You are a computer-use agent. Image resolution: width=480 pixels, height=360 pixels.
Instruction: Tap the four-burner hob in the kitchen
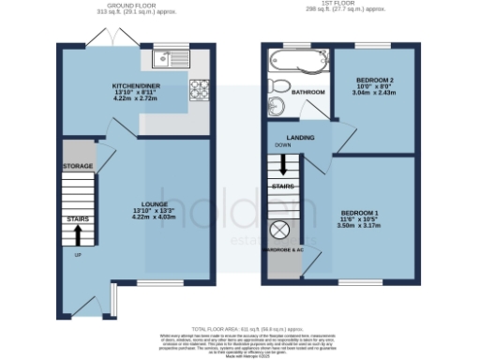[201, 91]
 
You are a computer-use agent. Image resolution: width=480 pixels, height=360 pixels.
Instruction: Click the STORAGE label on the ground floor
[78, 166]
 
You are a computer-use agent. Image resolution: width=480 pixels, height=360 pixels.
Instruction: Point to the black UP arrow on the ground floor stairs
[77, 237]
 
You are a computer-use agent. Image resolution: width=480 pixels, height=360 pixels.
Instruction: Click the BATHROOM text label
[307, 93]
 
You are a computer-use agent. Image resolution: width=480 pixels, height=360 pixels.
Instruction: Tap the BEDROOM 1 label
[358, 214]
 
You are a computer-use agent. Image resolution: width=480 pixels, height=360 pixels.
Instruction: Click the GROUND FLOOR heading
[130, 6]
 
